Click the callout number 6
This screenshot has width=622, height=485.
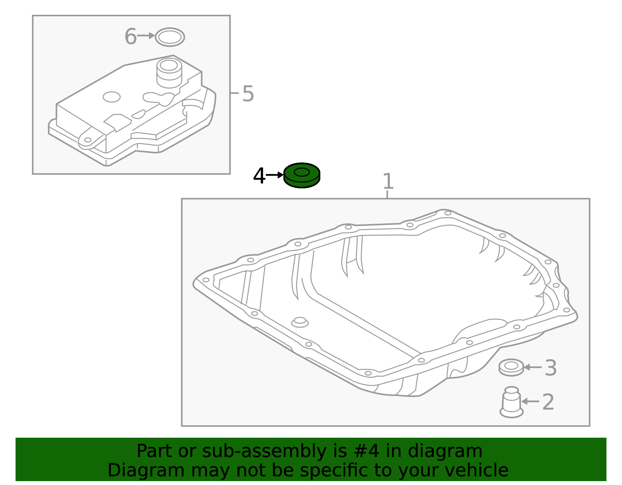click(131, 36)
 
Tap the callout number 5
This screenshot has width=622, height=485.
click(248, 94)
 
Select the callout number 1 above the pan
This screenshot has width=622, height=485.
click(388, 181)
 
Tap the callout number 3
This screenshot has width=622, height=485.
click(550, 368)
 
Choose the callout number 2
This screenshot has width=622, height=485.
click(548, 402)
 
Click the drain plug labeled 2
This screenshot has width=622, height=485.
click(512, 402)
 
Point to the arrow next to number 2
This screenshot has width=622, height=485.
click(530, 402)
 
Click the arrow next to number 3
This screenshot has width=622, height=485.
click(533, 367)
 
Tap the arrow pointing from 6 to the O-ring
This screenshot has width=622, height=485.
click(146, 36)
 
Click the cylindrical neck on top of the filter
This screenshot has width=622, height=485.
click(169, 73)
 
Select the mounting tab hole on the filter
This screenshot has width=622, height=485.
click(88, 140)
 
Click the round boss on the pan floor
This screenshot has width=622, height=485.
click(300, 322)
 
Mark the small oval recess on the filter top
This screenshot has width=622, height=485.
click(111, 97)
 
